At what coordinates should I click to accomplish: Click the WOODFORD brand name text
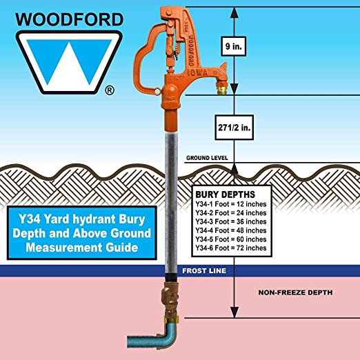click(70, 19)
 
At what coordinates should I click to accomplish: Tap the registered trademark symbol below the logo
click(110, 90)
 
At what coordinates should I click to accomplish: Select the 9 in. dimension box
click(234, 46)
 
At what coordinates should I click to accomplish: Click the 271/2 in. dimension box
click(234, 128)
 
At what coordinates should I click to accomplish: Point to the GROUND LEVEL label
click(207, 158)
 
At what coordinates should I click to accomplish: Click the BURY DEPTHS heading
click(225, 194)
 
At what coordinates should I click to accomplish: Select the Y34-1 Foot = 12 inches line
click(231, 204)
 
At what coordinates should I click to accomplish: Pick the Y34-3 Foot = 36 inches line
click(231, 221)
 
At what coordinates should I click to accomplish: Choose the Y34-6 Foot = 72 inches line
click(231, 248)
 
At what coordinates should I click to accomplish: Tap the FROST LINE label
click(204, 271)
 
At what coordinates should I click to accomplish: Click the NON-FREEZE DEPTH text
click(295, 292)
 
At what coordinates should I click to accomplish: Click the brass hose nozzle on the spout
click(222, 90)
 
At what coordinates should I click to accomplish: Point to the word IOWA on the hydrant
click(198, 73)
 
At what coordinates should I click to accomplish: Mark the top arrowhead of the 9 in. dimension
click(234, 12)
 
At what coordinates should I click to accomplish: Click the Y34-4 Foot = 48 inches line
click(231, 230)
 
